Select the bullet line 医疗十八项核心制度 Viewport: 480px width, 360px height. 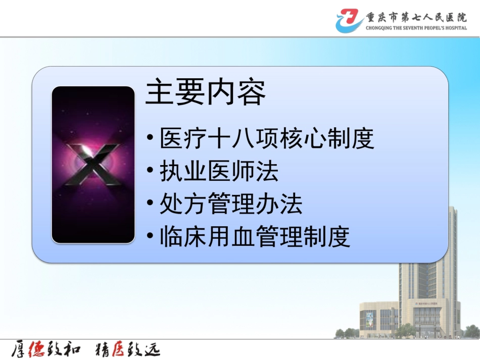click(267, 139)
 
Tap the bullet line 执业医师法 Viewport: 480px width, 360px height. click(219, 172)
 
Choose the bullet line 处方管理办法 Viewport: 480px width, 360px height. click(231, 204)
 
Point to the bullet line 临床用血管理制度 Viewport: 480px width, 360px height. click(255, 237)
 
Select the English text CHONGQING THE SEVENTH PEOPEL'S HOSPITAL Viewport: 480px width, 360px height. click(416, 28)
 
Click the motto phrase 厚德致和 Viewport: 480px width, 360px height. click(44, 349)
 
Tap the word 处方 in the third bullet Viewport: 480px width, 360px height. click(183, 204)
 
